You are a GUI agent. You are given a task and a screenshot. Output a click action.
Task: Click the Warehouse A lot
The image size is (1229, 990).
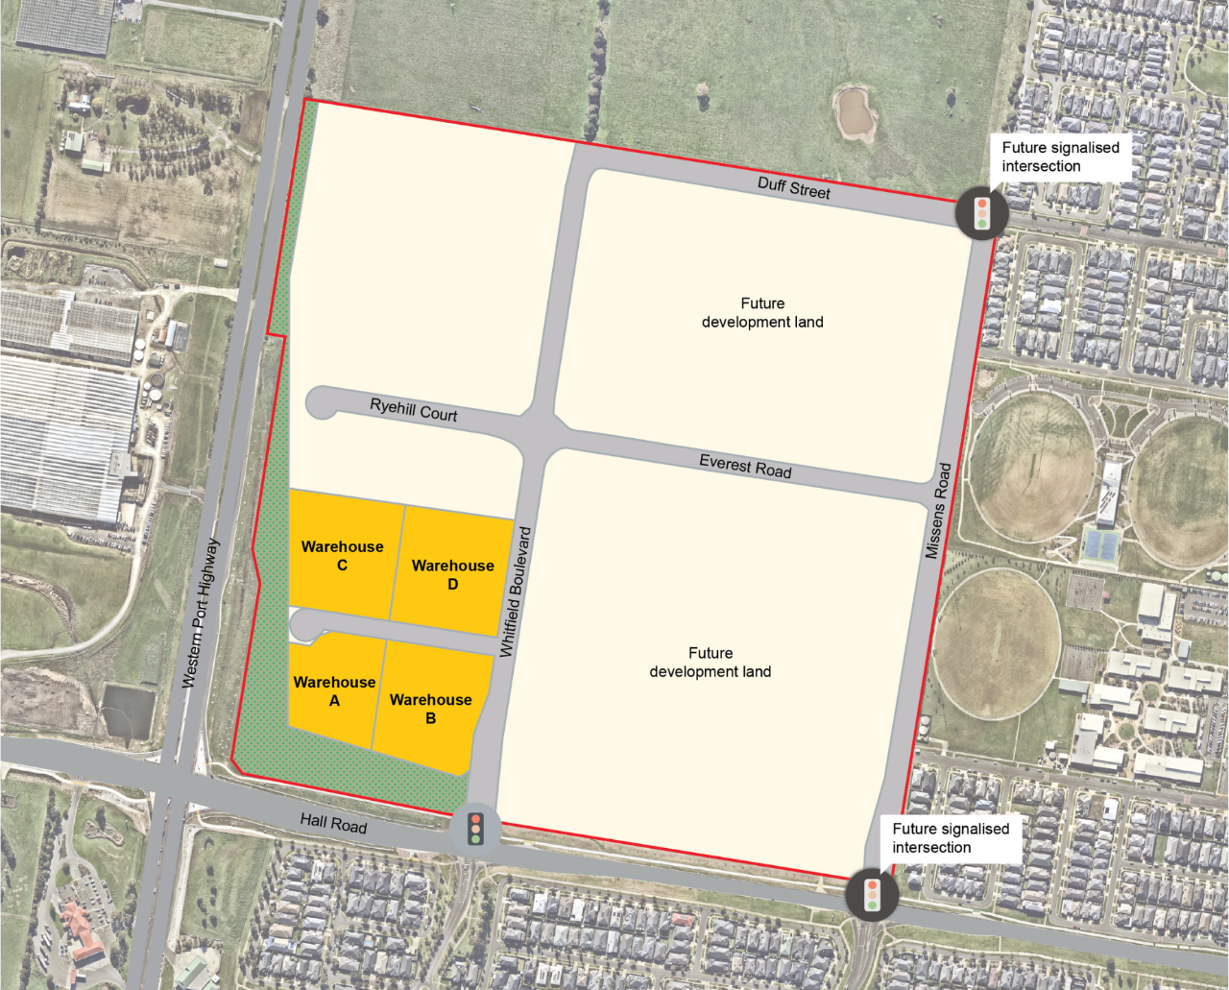[x=333, y=691]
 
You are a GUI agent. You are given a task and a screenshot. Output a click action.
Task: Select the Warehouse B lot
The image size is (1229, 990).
[x=430, y=709]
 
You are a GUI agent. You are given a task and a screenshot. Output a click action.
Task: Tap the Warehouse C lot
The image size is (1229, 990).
[x=342, y=556]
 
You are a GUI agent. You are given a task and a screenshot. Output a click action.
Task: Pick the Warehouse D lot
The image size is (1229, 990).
[x=452, y=574]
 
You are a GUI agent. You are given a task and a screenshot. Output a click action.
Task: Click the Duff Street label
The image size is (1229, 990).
[x=794, y=187]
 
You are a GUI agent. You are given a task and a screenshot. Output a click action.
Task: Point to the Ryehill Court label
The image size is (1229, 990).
[x=414, y=411]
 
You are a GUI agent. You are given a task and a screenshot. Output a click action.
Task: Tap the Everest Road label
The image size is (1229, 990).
[x=745, y=467]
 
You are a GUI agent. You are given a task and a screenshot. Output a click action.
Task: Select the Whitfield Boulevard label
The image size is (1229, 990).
[x=516, y=592]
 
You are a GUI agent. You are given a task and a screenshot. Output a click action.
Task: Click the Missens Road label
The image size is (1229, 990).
[x=938, y=511]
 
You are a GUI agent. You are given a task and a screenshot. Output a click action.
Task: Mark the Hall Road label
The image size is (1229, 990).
[x=333, y=822]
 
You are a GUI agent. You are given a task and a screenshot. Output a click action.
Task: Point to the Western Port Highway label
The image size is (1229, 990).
[x=201, y=613]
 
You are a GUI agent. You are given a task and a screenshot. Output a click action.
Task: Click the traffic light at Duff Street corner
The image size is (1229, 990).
[x=982, y=213]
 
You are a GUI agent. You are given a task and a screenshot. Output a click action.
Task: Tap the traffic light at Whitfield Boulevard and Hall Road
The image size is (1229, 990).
[x=475, y=828]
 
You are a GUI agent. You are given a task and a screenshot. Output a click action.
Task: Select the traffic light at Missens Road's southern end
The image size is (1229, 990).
[x=872, y=895]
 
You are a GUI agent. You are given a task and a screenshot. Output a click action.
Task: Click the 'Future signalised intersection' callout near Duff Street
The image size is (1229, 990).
[x=1060, y=157]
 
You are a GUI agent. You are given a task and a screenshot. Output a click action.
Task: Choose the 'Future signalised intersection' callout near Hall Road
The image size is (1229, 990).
[x=951, y=837]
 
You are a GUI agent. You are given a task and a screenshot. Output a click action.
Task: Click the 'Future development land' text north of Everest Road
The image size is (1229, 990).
[x=762, y=313]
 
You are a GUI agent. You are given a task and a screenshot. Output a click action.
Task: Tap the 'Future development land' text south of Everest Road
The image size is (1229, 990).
[x=711, y=663]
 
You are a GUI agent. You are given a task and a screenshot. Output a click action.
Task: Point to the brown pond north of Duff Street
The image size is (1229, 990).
[x=854, y=112]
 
